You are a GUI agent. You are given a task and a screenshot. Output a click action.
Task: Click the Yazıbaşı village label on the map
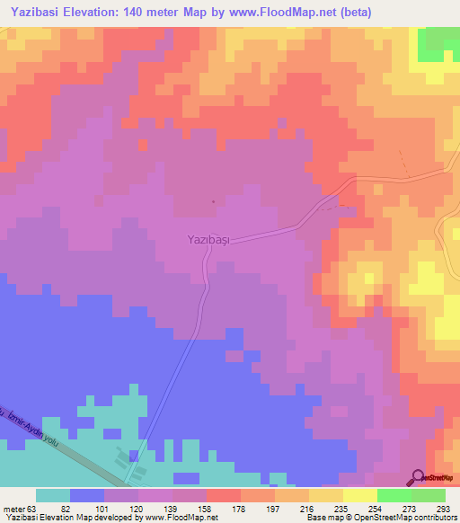click(x=204, y=241)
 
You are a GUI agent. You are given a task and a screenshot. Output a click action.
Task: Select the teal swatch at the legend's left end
click(x=53, y=495)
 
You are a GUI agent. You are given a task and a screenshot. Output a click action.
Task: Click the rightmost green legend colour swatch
click(x=429, y=495)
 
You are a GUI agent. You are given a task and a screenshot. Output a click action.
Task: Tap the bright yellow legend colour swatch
click(x=360, y=495)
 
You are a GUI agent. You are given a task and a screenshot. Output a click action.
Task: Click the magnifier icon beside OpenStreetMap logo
click(x=418, y=477)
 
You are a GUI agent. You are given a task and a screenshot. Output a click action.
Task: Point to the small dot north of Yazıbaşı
click(x=213, y=201)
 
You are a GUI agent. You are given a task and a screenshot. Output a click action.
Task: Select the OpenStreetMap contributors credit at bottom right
click(x=395, y=518)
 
